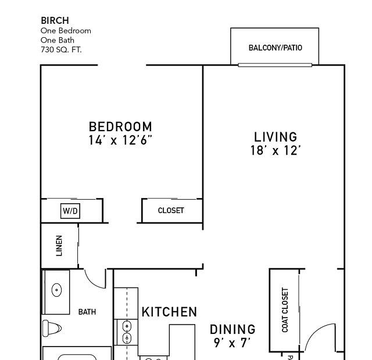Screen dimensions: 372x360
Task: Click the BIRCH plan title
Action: point(55,21)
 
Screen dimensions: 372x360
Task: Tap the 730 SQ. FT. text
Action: point(61,50)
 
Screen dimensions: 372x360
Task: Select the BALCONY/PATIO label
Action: point(275,48)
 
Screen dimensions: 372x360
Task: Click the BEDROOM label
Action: point(120,127)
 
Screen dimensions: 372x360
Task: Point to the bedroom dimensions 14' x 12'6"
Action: point(120,140)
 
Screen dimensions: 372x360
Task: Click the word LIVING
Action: point(276,137)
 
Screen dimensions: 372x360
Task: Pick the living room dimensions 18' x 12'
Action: point(276,150)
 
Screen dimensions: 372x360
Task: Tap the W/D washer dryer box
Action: point(70,211)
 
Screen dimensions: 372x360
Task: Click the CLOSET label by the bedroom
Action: point(171,210)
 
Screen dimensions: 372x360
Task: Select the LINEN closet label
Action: point(59,246)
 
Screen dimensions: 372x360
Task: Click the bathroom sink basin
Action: point(56,290)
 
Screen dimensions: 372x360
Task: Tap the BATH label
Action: point(87,312)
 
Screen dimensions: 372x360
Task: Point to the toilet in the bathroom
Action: point(52,328)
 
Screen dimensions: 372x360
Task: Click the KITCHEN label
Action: point(169,312)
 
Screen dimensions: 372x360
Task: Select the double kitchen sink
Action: point(127,332)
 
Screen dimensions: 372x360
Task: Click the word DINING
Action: point(233,329)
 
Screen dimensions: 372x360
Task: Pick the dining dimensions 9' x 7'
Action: point(233,343)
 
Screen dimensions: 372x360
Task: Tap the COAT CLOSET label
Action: point(285,310)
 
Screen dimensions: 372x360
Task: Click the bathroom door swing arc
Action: point(92,283)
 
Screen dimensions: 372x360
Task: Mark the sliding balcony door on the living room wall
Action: point(275,65)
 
